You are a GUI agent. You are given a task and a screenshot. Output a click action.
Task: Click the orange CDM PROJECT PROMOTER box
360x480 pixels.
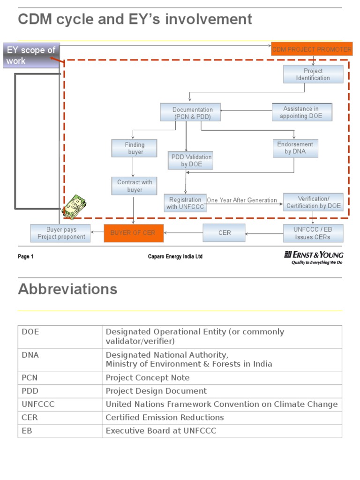pyautogui.click(x=312, y=49)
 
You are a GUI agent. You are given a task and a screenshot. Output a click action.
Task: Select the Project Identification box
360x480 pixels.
pyautogui.click(x=313, y=74)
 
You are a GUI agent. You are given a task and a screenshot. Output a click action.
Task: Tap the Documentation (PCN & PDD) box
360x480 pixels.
pyautogui.click(x=192, y=113)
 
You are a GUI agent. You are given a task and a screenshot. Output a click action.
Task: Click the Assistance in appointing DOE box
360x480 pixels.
pyautogui.click(x=301, y=112)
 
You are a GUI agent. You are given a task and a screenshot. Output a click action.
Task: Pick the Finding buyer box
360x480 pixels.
pyautogui.click(x=135, y=148)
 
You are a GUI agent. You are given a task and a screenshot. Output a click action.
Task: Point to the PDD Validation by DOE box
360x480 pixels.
pyautogui.click(x=191, y=160)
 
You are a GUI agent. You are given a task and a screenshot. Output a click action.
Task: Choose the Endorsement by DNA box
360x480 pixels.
pyautogui.click(x=295, y=148)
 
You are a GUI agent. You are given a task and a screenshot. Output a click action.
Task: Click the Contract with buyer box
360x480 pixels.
pyautogui.click(x=135, y=186)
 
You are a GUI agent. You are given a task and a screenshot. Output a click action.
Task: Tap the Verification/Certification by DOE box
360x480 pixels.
pyautogui.click(x=314, y=202)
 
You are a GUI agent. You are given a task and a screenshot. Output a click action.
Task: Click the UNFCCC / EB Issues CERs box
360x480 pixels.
pyautogui.click(x=313, y=233)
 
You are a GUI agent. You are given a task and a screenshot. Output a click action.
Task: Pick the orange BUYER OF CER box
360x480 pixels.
pyautogui.click(x=134, y=233)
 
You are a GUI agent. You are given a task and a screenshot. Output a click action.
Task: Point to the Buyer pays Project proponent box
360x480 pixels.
pyautogui.click(x=61, y=233)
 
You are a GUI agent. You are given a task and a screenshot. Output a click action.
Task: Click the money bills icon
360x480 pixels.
pyautogui.click(x=74, y=207)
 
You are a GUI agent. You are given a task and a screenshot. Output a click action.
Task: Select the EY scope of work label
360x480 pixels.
pyautogui.click(x=31, y=55)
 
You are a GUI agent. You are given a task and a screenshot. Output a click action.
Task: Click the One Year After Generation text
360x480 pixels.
pyautogui.click(x=242, y=200)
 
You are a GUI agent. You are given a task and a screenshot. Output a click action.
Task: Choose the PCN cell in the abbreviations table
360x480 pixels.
pyautogui.click(x=60, y=378)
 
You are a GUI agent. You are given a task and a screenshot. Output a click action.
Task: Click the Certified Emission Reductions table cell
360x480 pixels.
pyautogui.click(x=222, y=417)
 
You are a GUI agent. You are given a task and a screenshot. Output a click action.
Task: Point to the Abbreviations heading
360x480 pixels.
pyautogui.click(x=67, y=289)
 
